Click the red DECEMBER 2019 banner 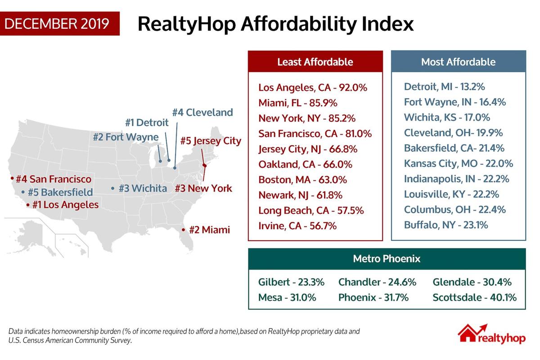(x=59, y=23)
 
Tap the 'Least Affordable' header (x=315, y=62)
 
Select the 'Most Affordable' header (x=458, y=62)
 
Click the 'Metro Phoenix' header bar (x=387, y=259)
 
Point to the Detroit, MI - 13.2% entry (x=444, y=87)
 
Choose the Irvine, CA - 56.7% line (x=297, y=226)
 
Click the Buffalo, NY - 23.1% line (x=446, y=225)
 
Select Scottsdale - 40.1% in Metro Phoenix (x=474, y=297)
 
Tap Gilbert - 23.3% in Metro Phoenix (x=291, y=282)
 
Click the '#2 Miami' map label (x=209, y=230)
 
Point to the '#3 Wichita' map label (x=143, y=188)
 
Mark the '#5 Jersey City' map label (x=211, y=141)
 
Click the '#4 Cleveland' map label (x=202, y=112)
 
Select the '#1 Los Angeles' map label (x=65, y=205)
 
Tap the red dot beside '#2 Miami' (x=183, y=230)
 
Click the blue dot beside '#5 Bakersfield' (x=22, y=193)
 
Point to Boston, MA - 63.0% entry (x=302, y=180)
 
